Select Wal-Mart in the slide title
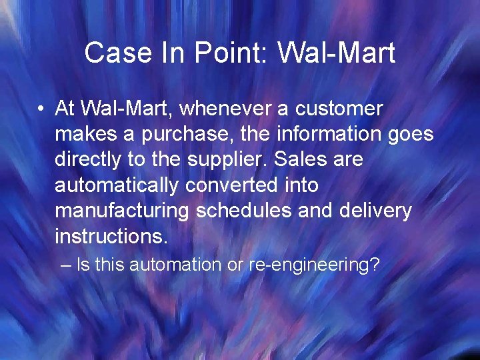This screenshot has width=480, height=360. tap(337, 53)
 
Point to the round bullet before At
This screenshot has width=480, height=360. tap(41, 109)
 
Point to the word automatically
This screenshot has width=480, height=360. tap(116, 186)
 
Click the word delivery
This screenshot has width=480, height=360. tap(375, 211)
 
